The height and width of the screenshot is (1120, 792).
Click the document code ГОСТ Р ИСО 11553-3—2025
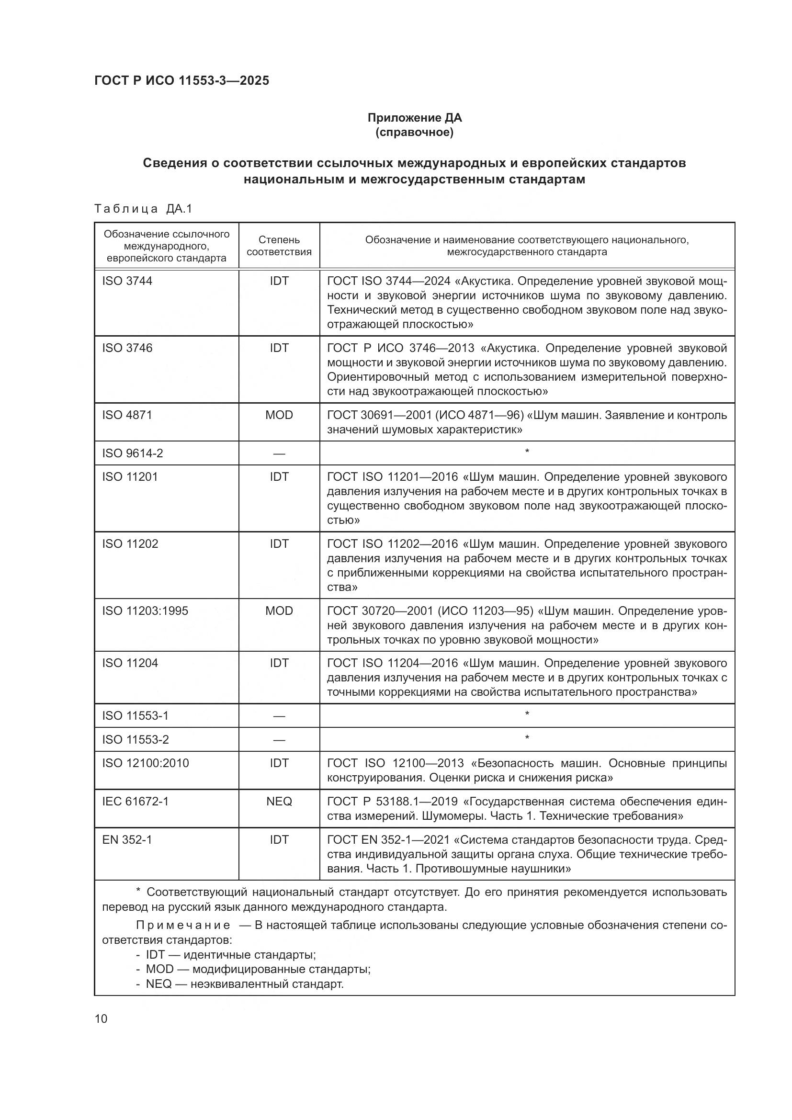click(181, 81)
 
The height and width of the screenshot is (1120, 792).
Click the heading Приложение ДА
click(415, 118)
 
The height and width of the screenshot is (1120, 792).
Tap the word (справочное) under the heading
click(415, 132)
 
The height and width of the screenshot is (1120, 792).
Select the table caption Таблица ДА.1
click(143, 209)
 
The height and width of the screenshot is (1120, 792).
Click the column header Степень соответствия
click(279, 246)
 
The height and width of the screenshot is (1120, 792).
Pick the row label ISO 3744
click(127, 281)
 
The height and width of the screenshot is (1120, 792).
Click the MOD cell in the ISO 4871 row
click(279, 415)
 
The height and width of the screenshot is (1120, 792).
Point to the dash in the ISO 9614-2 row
click(279, 453)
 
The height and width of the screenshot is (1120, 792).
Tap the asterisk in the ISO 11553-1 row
click(527, 715)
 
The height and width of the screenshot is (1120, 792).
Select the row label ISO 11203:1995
click(145, 611)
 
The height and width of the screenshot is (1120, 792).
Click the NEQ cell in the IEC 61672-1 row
click(279, 802)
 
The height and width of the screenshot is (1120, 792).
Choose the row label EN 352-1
click(127, 839)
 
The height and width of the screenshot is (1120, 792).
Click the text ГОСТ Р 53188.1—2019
click(392, 802)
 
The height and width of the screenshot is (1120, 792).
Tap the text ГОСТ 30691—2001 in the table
click(379, 415)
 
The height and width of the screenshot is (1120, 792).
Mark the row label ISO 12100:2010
click(146, 763)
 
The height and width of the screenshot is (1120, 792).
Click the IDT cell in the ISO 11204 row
click(279, 663)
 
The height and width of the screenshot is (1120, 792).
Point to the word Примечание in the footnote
click(183, 926)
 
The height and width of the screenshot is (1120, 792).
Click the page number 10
click(101, 1018)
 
